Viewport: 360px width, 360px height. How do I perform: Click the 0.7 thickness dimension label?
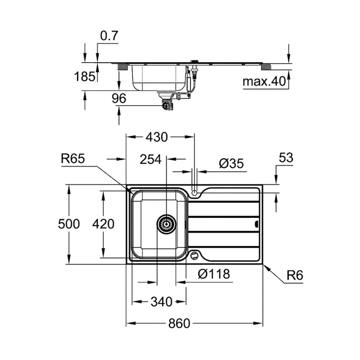coord(109,36)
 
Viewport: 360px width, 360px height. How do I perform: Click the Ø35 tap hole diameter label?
coord(231,164)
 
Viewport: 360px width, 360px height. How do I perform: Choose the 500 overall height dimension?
coord(69,224)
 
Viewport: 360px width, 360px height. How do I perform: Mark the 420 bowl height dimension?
coord(103,224)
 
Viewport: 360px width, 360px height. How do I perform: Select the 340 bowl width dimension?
coord(162,301)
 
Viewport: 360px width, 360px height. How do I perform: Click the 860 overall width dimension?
coord(179,323)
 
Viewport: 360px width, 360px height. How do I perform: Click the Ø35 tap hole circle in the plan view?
coord(194,193)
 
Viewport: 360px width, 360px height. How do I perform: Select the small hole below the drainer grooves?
coord(194,255)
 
